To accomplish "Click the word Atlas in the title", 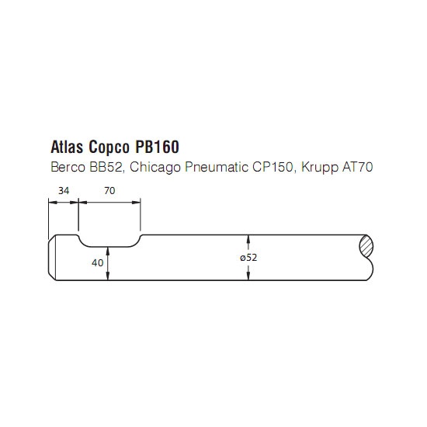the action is point(67,147).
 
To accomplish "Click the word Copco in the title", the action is point(109,147).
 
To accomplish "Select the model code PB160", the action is point(157,147).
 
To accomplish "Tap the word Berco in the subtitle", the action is point(68,167).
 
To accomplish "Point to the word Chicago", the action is point(155,168).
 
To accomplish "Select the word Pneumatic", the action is point(217,167).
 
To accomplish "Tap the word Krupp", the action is point(319,168).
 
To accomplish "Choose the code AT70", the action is point(357,167).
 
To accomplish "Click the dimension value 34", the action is point(64,191).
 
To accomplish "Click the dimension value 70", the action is point(109,191).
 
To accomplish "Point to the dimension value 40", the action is point(98,262).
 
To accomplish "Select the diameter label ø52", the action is point(248,258).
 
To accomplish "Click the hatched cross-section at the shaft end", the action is point(366,246).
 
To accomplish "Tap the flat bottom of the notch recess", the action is point(109,247).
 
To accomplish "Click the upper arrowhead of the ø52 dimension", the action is point(248,239).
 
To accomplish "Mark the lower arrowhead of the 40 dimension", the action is point(108,276).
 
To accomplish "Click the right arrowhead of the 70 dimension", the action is point(136,203).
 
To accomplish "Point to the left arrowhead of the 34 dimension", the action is point(53,203).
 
